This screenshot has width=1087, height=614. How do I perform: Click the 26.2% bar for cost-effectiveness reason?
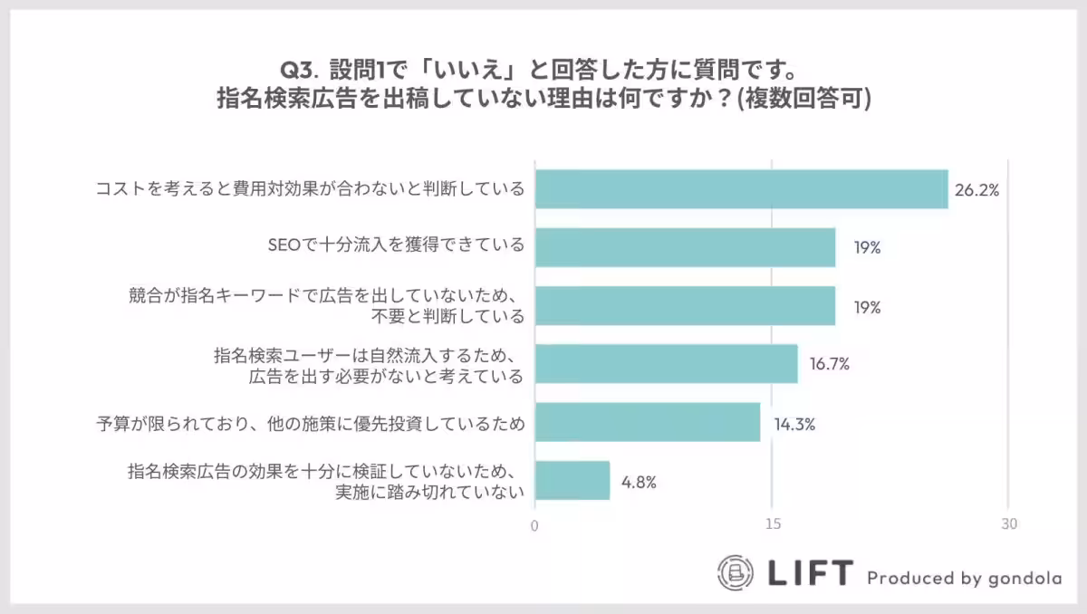pyautogui.click(x=741, y=189)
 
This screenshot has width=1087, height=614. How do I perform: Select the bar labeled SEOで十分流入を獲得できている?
pyautogui.click(x=685, y=247)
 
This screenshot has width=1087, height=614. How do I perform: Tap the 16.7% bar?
pyautogui.click(x=666, y=364)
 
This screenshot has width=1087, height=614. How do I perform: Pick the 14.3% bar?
pyautogui.click(x=647, y=422)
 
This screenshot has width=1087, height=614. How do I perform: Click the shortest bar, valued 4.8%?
pyautogui.click(x=572, y=481)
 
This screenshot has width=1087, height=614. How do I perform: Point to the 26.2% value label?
pyautogui.click(x=976, y=190)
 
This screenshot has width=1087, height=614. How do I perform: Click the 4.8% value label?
pyautogui.click(x=639, y=482)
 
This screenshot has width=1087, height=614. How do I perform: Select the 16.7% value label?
pyautogui.click(x=829, y=365)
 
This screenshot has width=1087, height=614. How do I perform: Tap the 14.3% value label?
pyautogui.click(x=794, y=423)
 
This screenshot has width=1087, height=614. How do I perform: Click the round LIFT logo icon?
pyautogui.click(x=736, y=572)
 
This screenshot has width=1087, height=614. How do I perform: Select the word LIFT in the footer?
pyautogui.click(x=810, y=573)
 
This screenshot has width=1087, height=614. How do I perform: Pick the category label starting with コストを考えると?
pyautogui.click(x=311, y=189)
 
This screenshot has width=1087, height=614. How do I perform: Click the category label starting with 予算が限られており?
pyautogui.click(x=311, y=423)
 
